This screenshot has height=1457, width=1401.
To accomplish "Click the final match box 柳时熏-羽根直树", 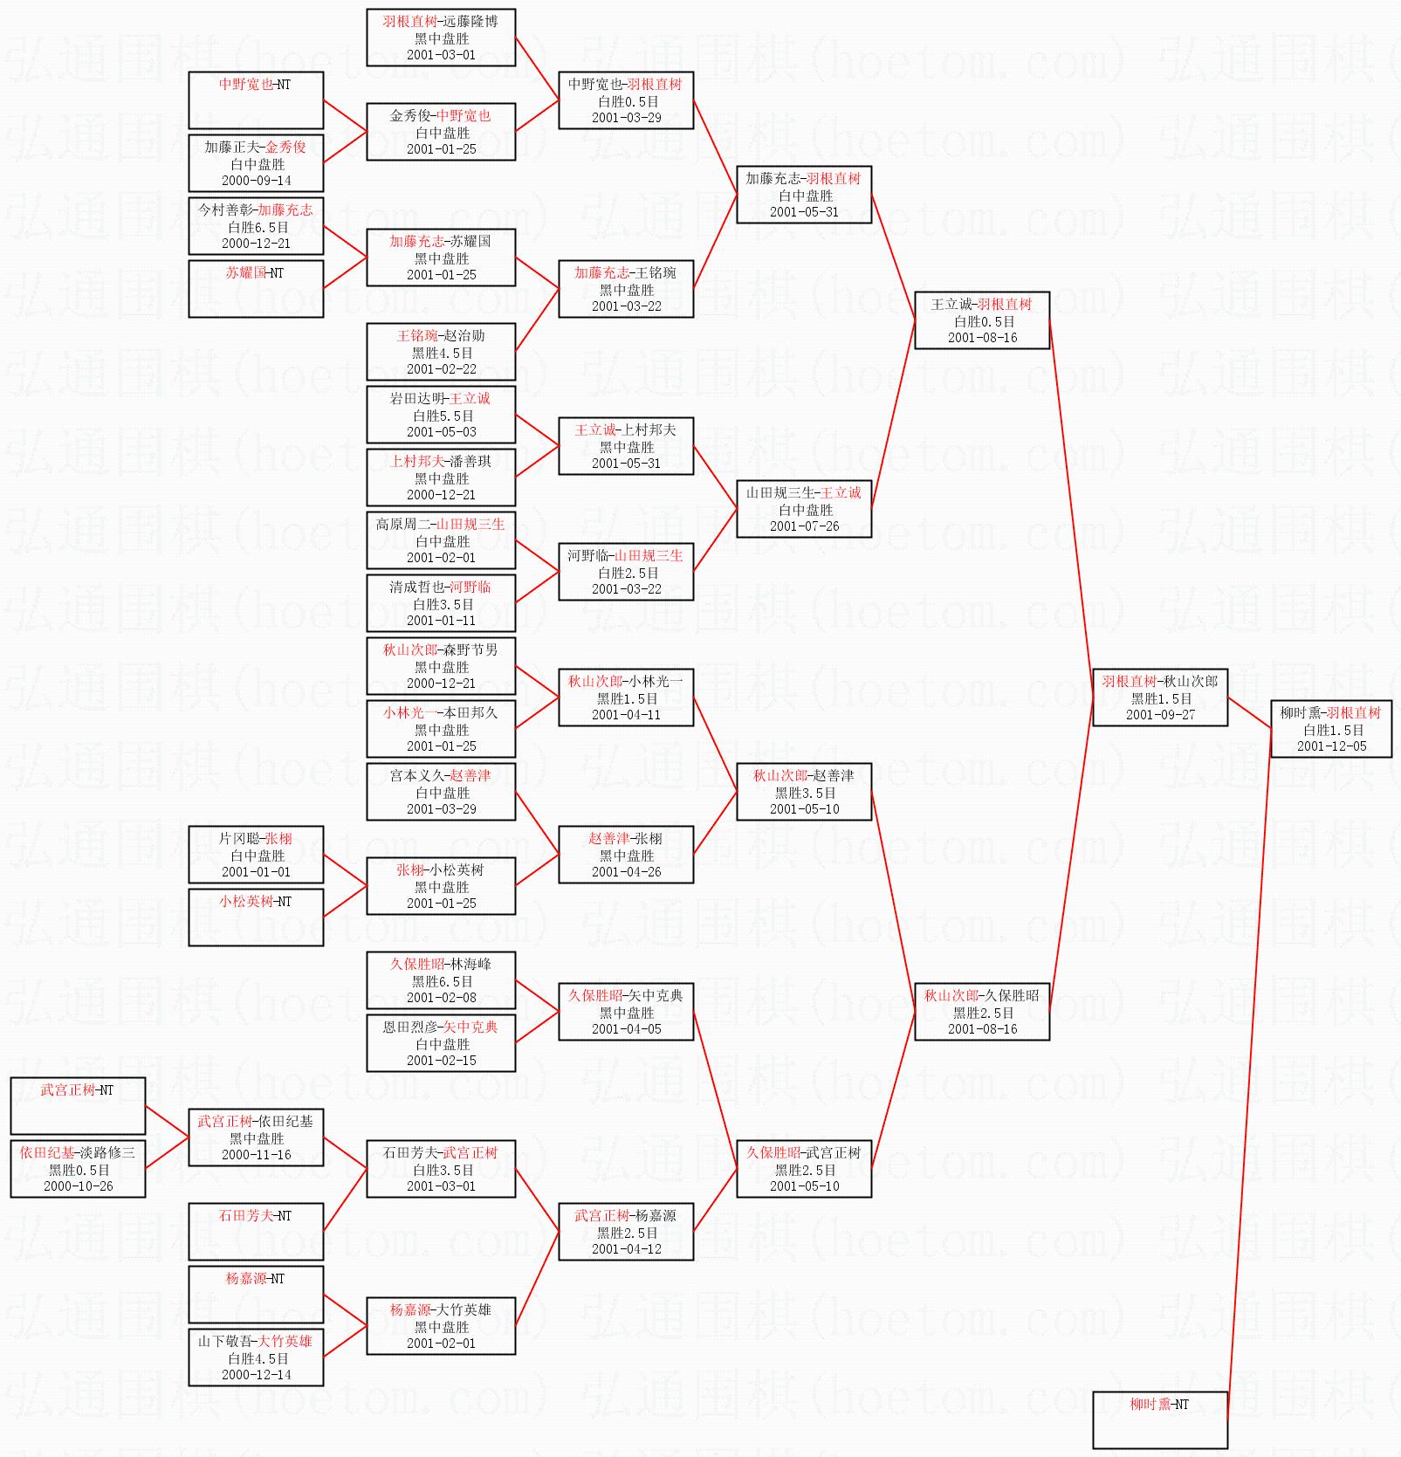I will (x=1330, y=729).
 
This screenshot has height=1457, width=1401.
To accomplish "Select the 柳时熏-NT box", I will (x=1159, y=1419).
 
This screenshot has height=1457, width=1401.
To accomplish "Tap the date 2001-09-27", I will (x=1160, y=715).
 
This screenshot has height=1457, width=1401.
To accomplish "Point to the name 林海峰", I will (x=471, y=965).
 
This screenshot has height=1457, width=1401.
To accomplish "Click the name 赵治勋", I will (x=464, y=336).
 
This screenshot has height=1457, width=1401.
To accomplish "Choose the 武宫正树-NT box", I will (x=78, y=1105).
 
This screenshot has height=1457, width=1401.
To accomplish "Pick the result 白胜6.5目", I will (x=258, y=227).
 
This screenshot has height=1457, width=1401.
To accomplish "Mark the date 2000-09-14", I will (x=257, y=181).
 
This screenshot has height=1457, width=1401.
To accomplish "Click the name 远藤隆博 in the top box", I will (x=470, y=22).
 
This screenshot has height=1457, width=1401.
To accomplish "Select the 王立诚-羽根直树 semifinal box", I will (x=981, y=320).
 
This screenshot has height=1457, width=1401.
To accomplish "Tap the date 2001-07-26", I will (x=804, y=526).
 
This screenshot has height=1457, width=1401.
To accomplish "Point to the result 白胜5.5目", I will (x=443, y=416).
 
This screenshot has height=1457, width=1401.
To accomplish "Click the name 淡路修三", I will (x=105, y=1153).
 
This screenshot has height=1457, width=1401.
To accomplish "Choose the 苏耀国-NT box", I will (x=256, y=288).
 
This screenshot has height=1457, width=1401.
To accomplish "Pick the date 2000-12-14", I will (x=257, y=1375).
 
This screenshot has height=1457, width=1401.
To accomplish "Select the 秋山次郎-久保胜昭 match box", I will (x=981, y=1012).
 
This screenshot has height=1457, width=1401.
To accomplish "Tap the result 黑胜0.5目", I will (x=79, y=1171).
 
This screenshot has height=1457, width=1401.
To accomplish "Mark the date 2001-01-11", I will (x=441, y=621).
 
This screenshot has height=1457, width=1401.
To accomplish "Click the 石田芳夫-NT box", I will (x=256, y=1231).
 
